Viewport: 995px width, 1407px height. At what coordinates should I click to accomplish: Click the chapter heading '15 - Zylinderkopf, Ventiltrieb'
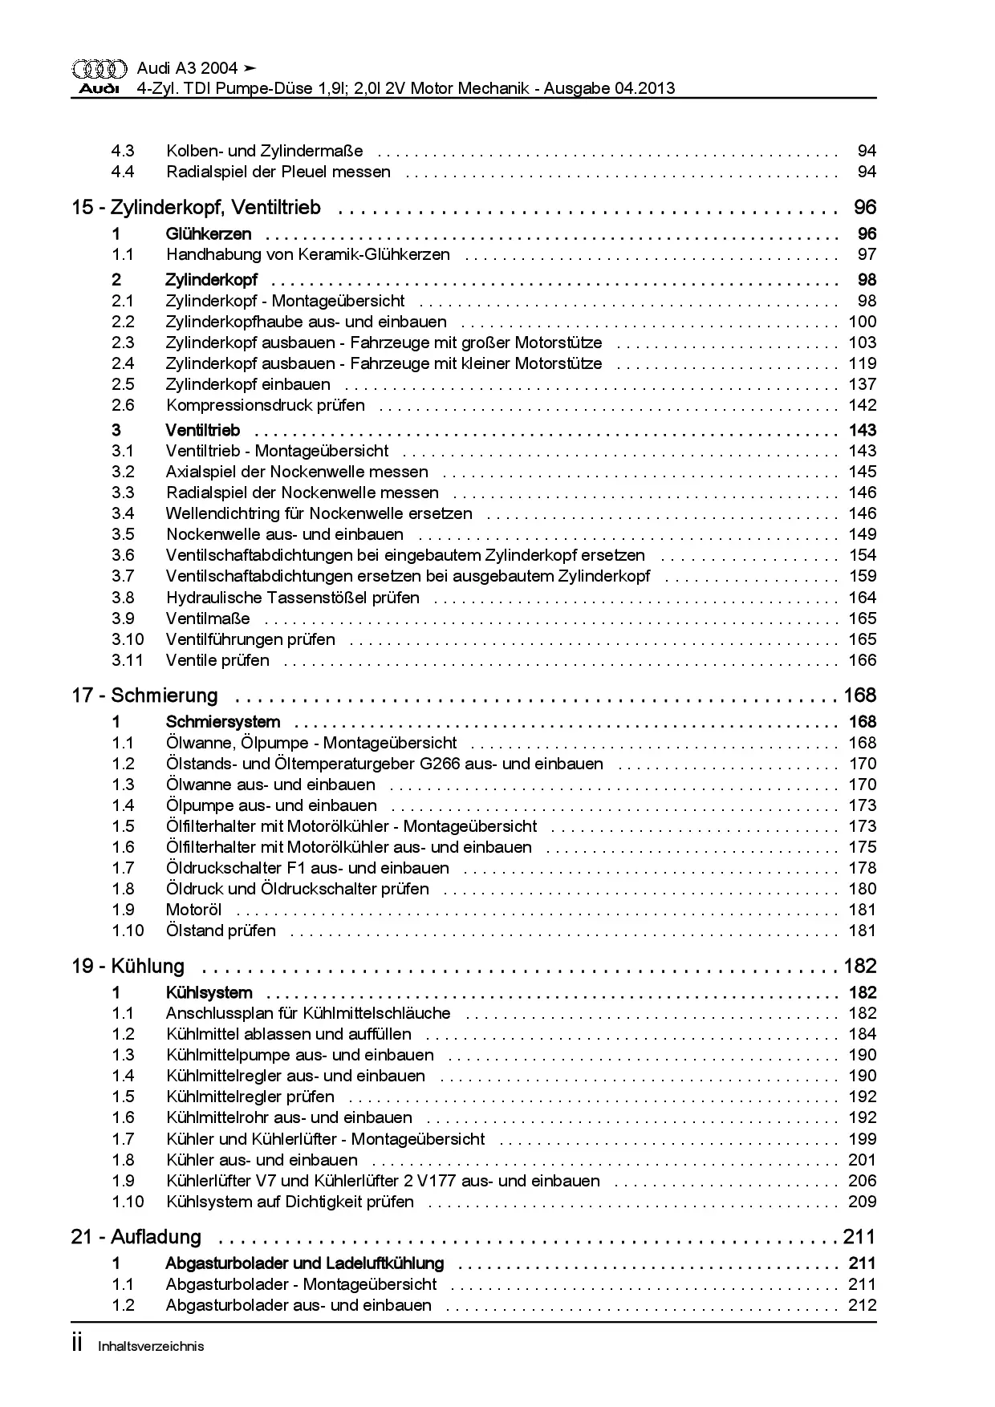pyautogui.click(x=196, y=208)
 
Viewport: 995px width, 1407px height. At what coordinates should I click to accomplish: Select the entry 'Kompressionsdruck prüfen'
pyautogui.click(x=265, y=405)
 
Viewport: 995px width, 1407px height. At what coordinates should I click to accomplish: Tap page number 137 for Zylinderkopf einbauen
pyautogui.click(x=863, y=384)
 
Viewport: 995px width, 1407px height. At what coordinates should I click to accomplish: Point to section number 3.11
pyautogui.click(x=128, y=660)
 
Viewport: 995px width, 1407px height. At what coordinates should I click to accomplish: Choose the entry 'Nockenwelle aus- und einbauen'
pyautogui.click(x=285, y=534)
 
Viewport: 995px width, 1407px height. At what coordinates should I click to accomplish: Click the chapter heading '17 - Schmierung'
pyautogui.click(x=144, y=695)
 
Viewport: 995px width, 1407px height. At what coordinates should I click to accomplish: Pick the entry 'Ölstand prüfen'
pyautogui.click(x=221, y=931)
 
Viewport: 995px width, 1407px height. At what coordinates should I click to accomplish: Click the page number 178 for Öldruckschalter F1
pyautogui.click(x=863, y=868)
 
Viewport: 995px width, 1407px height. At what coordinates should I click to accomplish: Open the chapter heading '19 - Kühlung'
pyautogui.click(x=128, y=966)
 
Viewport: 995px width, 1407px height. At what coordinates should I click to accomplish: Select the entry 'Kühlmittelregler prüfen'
pyautogui.click(x=250, y=1097)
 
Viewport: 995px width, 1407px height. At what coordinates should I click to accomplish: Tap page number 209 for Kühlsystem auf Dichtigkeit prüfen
pyautogui.click(x=863, y=1202)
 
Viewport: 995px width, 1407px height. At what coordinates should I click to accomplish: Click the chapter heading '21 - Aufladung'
pyautogui.click(x=136, y=1237)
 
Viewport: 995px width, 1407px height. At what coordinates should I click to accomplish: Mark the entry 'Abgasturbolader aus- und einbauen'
pyautogui.click(x=298, y=1305)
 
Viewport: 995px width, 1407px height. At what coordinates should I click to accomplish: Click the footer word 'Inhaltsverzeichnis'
pyautogui.click(x=151, y=1347)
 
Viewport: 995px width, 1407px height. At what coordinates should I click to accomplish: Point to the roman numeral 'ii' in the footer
pyautogui.click(x=77, y=1344)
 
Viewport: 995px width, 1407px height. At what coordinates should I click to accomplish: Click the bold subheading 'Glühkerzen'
pyautogui.click(x=209, y=234)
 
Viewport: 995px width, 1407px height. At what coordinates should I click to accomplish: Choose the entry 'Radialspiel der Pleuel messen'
pyautogui.click(x=278, y=172)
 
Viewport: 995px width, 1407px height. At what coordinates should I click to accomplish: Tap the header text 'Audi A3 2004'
pyautogui.click(x=187, y=69)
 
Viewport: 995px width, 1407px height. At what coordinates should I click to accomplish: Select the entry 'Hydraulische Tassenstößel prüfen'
pyautogui.click(x=292, y=598)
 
